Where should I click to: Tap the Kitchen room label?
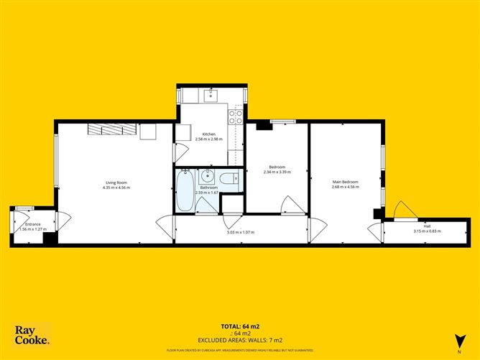tap(208, 134)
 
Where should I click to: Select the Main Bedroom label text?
tap(345, 182)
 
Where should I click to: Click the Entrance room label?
tap(33, 224)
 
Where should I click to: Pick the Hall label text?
tap(427, 226)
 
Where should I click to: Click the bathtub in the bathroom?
tap(185, 192)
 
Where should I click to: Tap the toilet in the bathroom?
tap(229, 179)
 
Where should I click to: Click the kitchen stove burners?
tap(235, 117)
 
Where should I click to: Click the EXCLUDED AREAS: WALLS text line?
tap(240, 340)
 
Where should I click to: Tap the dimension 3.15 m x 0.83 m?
tap(427, 231)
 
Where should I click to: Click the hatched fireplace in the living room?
tap(111, 129)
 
